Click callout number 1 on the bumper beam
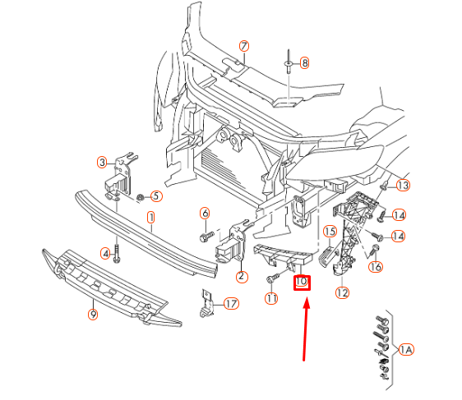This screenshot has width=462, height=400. coord(151,218)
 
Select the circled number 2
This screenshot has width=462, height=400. coord(242,277)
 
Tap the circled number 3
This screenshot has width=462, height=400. coord(103,162)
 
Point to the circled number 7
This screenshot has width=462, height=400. coord(243,46)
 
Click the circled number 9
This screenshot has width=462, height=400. coord(93,314)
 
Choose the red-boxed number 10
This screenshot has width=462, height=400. coord(301,282)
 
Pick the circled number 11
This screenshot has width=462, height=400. coord(271,299)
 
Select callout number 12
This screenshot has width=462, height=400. coord(342,292)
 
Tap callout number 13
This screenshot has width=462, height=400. coord(402,186)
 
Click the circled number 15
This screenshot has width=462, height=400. coord(327,232)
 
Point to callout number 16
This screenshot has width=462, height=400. coord(376,266)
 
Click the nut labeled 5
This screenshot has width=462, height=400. coord(140,197)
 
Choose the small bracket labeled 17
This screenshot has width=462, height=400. coord(206,302)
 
